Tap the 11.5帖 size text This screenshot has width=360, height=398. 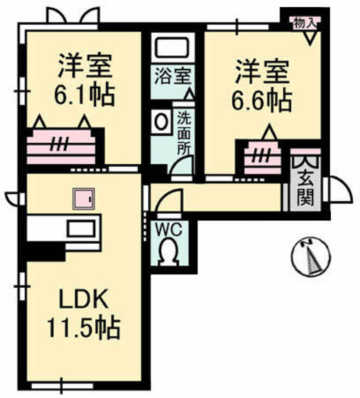(83, 328)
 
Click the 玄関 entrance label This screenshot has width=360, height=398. (305, 188)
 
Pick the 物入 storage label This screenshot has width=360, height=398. (306, 23)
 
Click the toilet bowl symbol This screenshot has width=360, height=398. (170, 252)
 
